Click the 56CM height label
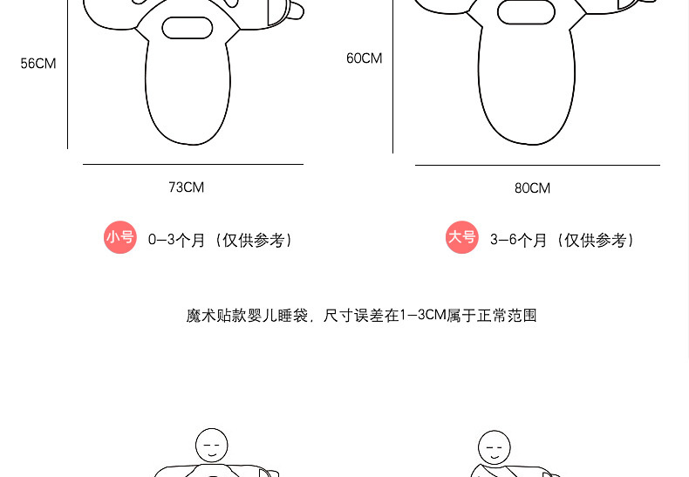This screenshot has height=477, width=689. click(38, 64)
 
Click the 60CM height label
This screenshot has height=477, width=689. click(365, 58)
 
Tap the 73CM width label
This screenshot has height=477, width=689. click(187, 187)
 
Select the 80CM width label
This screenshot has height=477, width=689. click(532, 188)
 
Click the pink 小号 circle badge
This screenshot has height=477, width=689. click(120, 237)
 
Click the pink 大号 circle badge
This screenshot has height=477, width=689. click(462, 237)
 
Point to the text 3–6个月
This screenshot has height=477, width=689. click(518, 240)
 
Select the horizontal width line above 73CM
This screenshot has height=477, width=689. click(193, 164)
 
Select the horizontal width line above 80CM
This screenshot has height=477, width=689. click(537, 165)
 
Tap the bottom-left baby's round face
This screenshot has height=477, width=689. click(211, 445)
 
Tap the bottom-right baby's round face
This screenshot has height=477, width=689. click(493, 446)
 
